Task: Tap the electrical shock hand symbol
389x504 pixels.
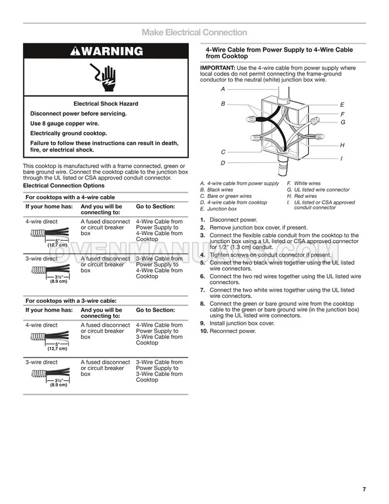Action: coord(105,77)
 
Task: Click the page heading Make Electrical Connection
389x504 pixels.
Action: coord(194,32)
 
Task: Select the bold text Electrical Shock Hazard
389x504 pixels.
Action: coord(105,104)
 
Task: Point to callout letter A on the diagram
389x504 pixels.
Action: coord(223,89)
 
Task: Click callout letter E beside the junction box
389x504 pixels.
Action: coord(342,104)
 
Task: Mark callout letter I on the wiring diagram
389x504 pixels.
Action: coord(341,158)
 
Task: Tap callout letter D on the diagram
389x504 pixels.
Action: coord(223,163)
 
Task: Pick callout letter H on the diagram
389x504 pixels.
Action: coord(342,145)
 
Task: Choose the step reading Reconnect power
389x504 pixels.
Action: coord(233,331)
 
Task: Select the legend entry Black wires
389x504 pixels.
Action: coord(219,190)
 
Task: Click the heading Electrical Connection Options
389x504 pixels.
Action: coord(63,186)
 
